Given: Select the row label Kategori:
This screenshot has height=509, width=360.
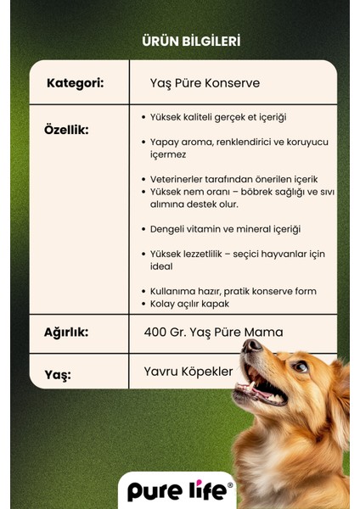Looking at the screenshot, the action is click(x=76, y=83).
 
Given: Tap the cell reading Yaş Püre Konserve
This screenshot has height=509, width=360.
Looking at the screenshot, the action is click(x=201, y=83).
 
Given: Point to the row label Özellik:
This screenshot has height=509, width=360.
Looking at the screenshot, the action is click(x=66, y=130).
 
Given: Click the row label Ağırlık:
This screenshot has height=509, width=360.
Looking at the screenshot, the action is click(x=66, y=332).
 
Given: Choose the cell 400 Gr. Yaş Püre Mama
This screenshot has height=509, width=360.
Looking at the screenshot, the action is click(x=214, y=332).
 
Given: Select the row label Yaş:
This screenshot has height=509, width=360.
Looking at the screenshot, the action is click(x=57, y=374).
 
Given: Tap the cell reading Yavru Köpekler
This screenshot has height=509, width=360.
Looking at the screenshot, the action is click(x=188, y=372).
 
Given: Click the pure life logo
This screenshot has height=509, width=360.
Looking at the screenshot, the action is click(x=177, y=491).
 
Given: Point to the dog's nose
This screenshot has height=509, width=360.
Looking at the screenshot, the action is click(x=250, y=347).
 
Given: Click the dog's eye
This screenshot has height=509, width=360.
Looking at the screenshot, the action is click(x=300, y=366).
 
